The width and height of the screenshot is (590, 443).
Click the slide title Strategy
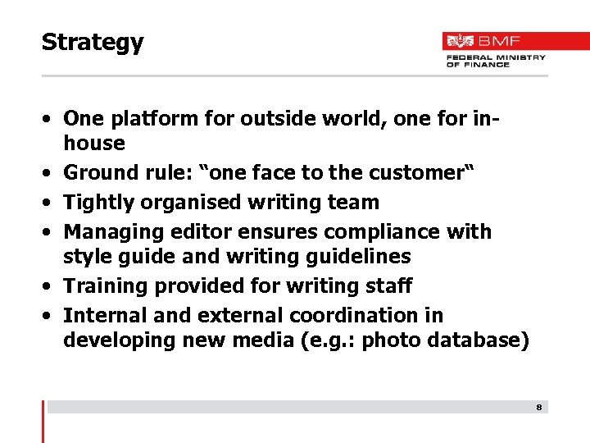[93, 43]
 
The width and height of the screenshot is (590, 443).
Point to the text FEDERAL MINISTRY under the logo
[496, 57]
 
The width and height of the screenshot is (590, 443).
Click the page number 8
[538, 407]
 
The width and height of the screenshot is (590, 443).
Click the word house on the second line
[94, 144]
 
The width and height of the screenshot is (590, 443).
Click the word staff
[389, 286]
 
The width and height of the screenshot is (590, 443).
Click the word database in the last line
[483, 340]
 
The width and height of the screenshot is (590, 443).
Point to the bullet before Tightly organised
[50, 203]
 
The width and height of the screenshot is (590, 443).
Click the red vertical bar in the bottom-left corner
[43, 421]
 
